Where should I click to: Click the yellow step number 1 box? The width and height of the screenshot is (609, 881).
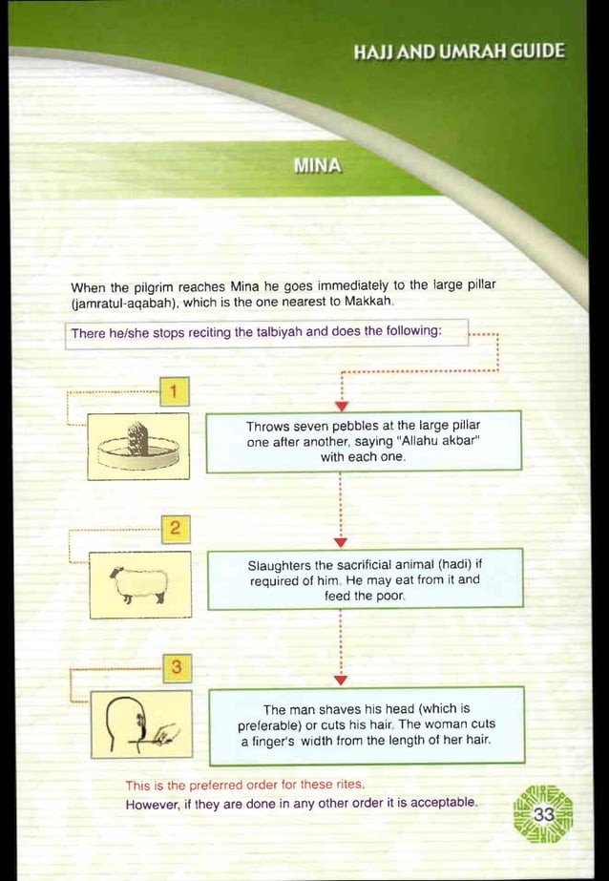pyautogui.click(x=176, y=392)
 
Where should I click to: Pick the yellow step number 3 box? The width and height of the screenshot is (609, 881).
pyautogui.click(x=176, y=665)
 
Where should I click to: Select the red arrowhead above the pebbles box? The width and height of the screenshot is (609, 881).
pyautogui.click(x=342, y=409)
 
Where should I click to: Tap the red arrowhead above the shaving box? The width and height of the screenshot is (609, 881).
pyautogui.click(x=342, y=680)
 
